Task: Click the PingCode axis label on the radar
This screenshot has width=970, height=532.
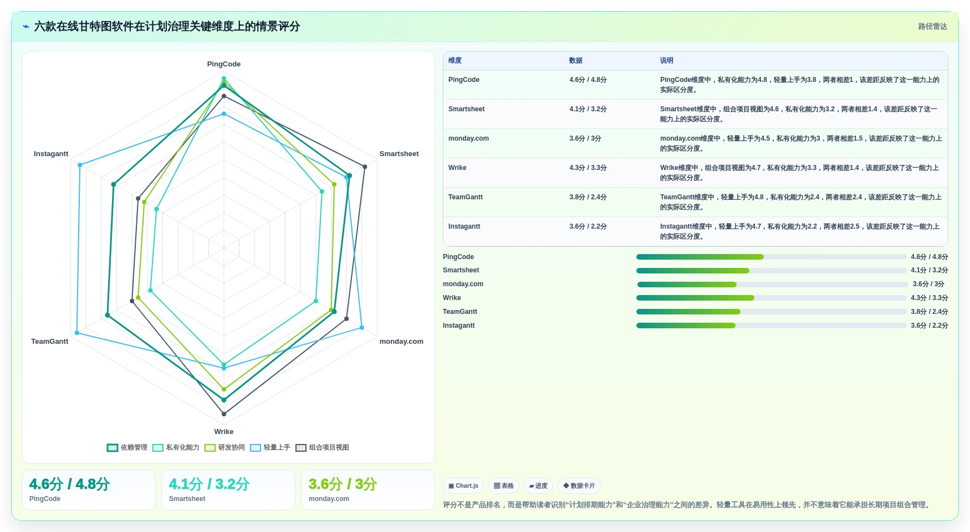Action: coord(224,64)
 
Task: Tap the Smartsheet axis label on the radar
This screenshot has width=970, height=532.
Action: coord(399,154)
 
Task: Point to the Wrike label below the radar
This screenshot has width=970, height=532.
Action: coord(224,432)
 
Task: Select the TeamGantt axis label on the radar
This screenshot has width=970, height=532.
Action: coord(50,342)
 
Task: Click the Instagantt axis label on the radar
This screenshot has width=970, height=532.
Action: coord(51,154)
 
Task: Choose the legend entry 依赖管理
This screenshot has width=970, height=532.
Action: coord(127,448)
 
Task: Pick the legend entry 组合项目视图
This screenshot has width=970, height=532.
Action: coord(323,448)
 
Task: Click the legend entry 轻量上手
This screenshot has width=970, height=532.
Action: coord(270,448)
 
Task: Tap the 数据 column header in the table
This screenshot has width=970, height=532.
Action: coord(576,60)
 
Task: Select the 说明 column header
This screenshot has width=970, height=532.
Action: coord(667,60)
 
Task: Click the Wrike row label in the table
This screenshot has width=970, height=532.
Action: coord(457,168)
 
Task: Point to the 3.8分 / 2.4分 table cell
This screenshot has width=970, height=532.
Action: coord(588,197)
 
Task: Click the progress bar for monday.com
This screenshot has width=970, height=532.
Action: coord(773,285)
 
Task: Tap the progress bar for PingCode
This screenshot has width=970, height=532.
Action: coord(772,257)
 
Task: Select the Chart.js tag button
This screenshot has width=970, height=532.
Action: coord(463,486)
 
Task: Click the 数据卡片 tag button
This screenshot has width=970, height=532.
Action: coord(579,486)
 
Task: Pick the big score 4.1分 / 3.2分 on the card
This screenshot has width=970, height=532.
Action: coord(209,484)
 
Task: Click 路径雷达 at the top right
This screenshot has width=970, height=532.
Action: coord(933,27)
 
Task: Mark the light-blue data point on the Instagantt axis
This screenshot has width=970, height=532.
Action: coord(80,165)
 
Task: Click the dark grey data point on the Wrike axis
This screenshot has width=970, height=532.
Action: coord(224,414)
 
